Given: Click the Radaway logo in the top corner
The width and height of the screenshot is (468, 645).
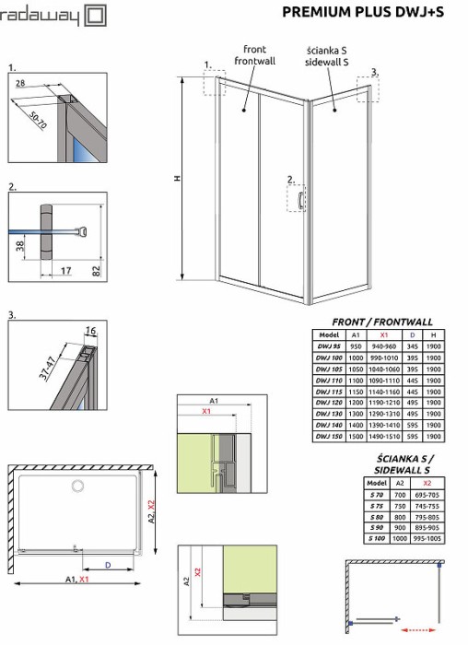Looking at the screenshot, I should tap(53, 16).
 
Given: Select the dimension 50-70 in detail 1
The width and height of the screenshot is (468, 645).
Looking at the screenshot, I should tap(39, 118).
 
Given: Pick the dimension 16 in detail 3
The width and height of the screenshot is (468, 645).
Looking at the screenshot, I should tap(90, 330).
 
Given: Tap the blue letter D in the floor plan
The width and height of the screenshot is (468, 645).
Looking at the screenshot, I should tap(108, 563).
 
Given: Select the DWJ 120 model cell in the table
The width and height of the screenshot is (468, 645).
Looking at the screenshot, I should tap(328, 403).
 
